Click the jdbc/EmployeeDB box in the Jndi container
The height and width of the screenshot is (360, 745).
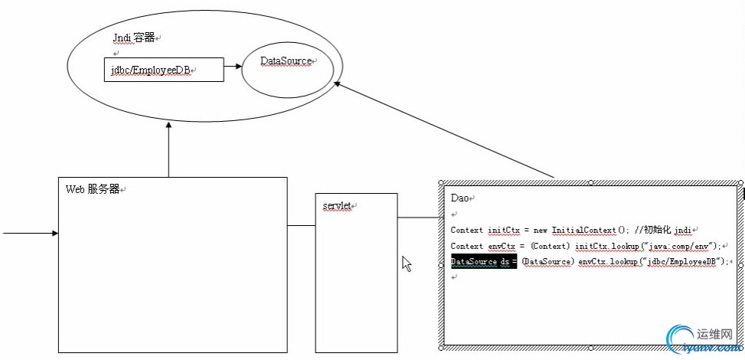click(x=163, y=70)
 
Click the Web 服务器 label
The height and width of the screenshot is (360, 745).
click(x=93, y=189)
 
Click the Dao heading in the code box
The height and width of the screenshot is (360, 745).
click(x=459, y=198)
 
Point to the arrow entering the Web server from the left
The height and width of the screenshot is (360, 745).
click(x=31, y=232)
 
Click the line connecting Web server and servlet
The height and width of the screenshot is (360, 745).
click(x=302, y=225)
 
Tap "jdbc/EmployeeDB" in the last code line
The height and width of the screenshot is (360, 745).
click(x=685, y=262)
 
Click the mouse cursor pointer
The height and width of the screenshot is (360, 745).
click(x=407, y=263)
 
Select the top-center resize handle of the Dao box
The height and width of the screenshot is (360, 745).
click(x=590, y=182)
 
